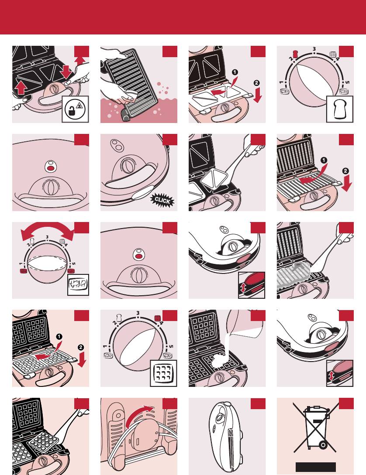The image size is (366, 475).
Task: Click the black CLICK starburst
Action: click(162, 200)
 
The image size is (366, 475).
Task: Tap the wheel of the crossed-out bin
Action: click(323, 445)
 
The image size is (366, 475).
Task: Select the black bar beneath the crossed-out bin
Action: click(316, 467)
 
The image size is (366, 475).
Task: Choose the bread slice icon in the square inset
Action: click(340, 109)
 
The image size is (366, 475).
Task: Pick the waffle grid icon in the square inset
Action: click(163, 373)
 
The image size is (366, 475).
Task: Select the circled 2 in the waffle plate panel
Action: click(81, 347)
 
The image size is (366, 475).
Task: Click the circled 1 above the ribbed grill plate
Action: click(324, 160)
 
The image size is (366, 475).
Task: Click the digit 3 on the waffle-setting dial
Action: click(138, 313)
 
